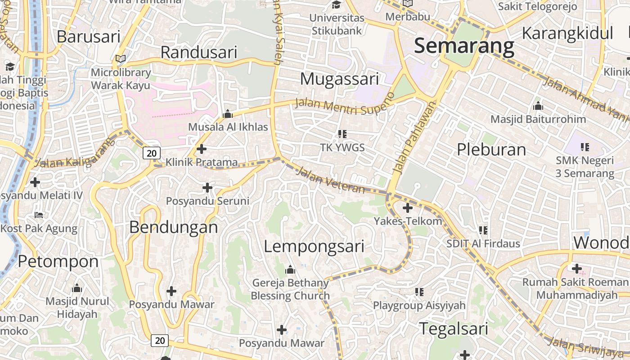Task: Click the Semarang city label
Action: [464, 46]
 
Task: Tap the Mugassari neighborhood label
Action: [339, 79]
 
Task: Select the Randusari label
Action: [198, 53]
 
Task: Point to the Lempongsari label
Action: [314, 247]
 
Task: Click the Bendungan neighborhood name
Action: [173, 227]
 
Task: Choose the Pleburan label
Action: [491, 149]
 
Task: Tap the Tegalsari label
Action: [454, 328]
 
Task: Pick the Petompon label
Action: [58, 261]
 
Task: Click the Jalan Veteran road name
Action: [331, 180]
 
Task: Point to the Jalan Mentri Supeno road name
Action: [344, 103]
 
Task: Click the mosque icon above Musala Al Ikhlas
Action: [228, 114]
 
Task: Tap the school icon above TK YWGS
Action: [342, 134]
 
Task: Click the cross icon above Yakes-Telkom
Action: [407, 208]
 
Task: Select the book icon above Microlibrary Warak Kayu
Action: [121, 58]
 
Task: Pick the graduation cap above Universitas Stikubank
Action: [336, 5]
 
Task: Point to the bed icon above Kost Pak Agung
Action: [39, 215]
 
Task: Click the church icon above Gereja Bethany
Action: [290, 270]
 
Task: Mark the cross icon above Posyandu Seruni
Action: [207, 187]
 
